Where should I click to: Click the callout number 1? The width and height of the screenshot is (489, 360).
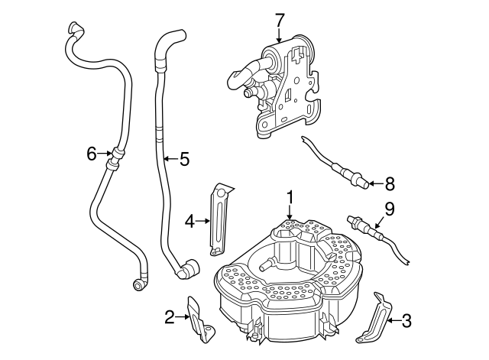tap(290, 197)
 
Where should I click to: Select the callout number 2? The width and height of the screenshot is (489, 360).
tap(170, 315)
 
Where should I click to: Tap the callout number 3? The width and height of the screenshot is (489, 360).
tap(406, 321)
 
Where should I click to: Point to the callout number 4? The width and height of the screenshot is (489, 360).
tap(189, 222)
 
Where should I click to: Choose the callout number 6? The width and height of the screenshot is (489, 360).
tap(92, 154)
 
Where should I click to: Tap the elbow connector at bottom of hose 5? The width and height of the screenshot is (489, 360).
tap(186, 268)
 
